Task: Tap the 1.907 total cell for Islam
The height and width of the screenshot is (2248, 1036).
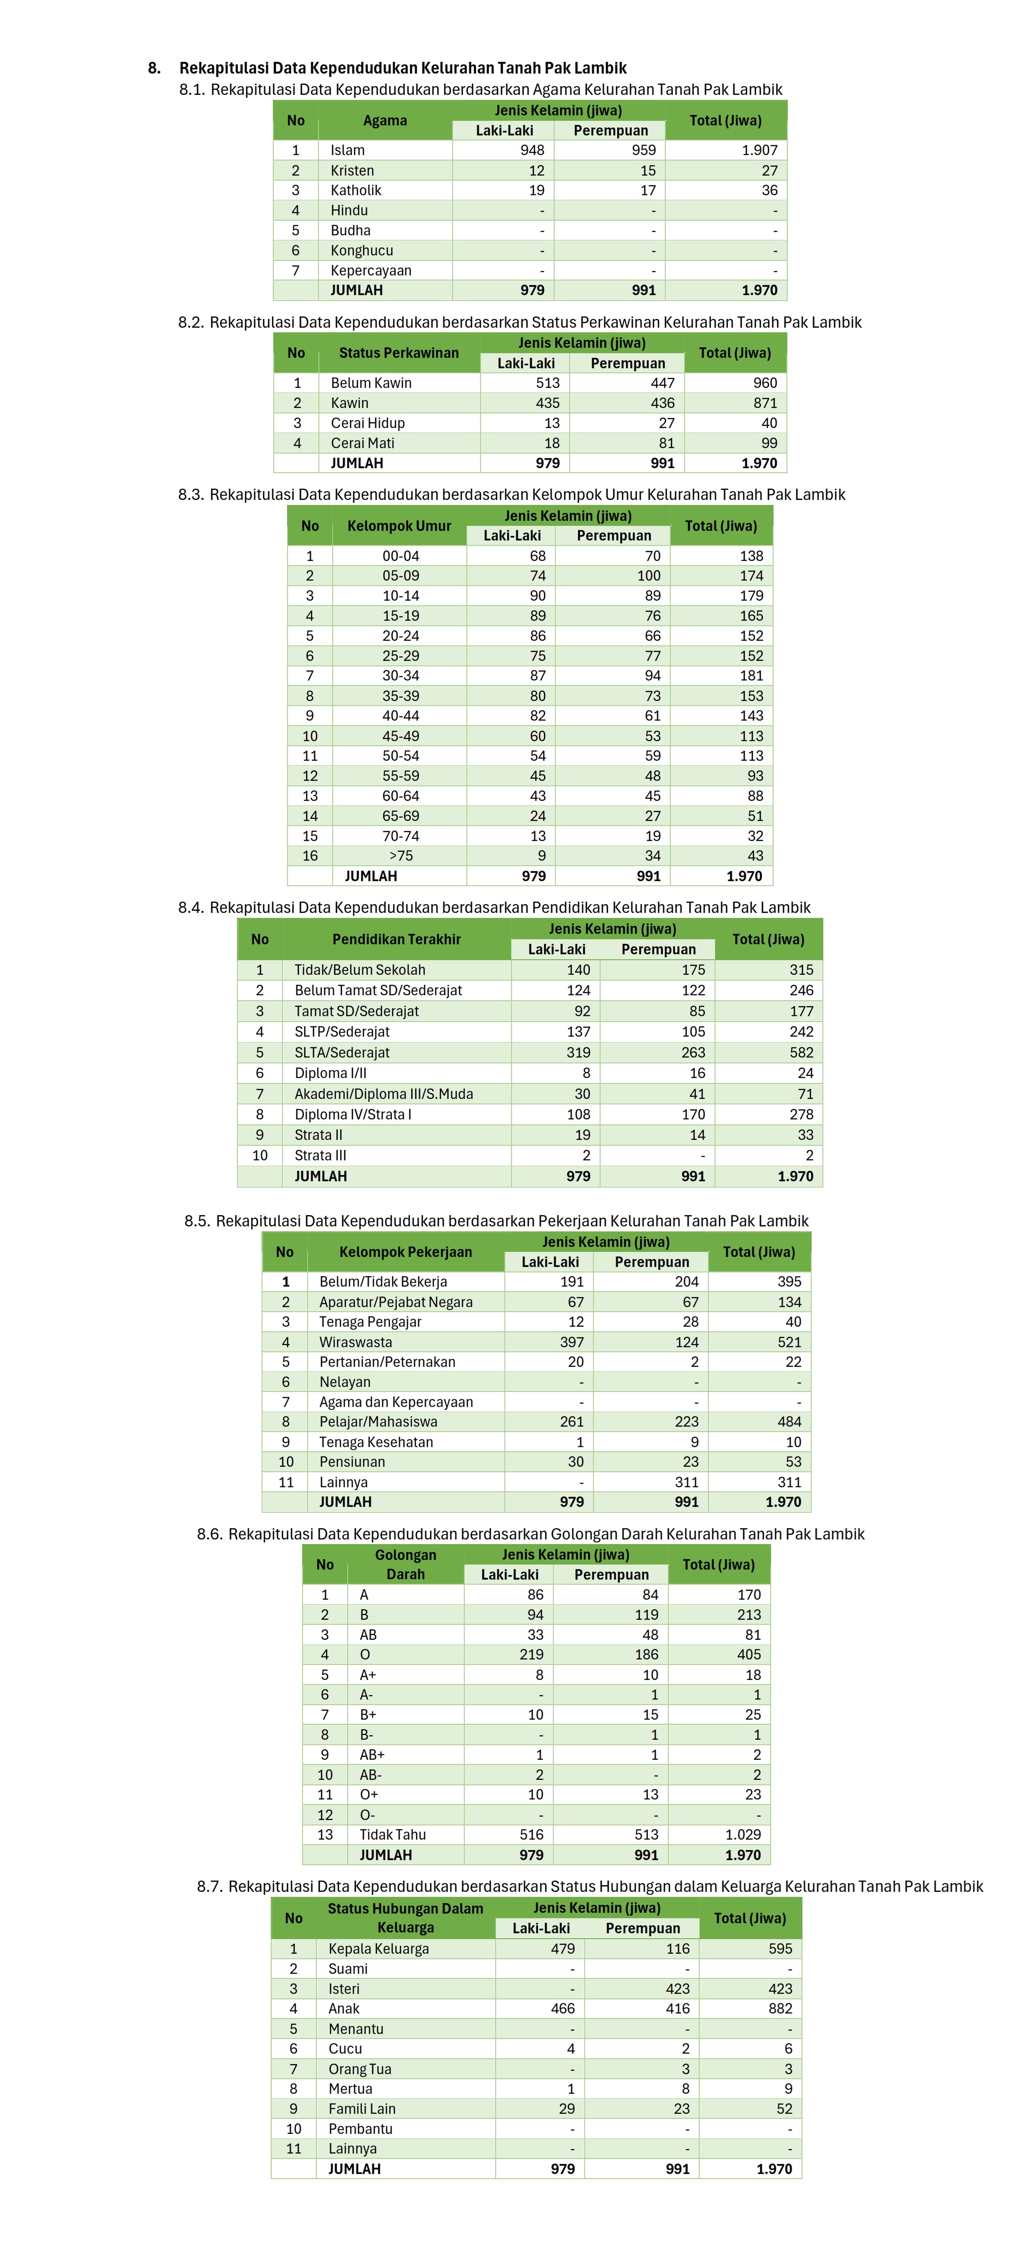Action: pyautogui.click(x=759, y=150)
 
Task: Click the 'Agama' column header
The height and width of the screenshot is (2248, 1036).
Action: pyautogui.click(x=385, y=120)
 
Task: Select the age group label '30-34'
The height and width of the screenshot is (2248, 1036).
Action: pyautogui.click(x=401, y=675)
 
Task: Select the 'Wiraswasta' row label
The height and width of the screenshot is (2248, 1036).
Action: pyautogui.click(x=355, y=1342)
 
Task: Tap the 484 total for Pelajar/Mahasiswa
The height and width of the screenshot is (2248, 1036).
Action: pyautogui.click(x=789, y=1422)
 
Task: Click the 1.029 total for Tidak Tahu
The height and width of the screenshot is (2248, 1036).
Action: pyautogui.click(x=743, y=1834)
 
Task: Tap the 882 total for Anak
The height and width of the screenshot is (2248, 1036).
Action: pyautogui.click(x=779, y=2008)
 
